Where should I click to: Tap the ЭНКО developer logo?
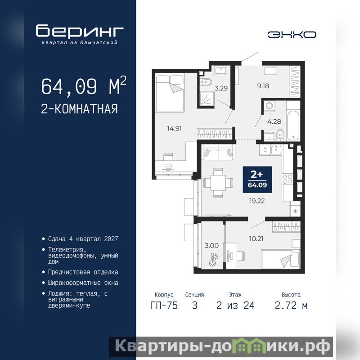tap(292, 35)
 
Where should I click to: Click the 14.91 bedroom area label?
tap(174, 129)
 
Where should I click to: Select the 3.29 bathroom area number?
tap(221, 88)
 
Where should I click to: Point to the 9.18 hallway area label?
tap(263, 86)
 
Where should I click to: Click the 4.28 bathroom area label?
tap(274, 121)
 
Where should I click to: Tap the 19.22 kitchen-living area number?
tap(257, 201)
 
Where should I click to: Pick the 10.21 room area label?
tap(256, 239)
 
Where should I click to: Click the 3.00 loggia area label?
tap(211, 246)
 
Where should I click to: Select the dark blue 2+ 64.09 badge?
tap(257, 180)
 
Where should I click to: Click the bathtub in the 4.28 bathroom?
tap(293, 125)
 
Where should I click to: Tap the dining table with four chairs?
tap(218, 183)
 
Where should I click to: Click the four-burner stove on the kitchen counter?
tap(288, 179)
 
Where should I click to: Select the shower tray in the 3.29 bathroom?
tap(207, 98)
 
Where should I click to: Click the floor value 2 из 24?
tap(235, 306)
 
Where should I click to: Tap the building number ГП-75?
tap(164, 306)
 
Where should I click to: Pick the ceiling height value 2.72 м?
tap(291, 306)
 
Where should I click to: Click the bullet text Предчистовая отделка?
tap(83, 272)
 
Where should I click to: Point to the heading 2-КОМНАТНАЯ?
tap(80, 109)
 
